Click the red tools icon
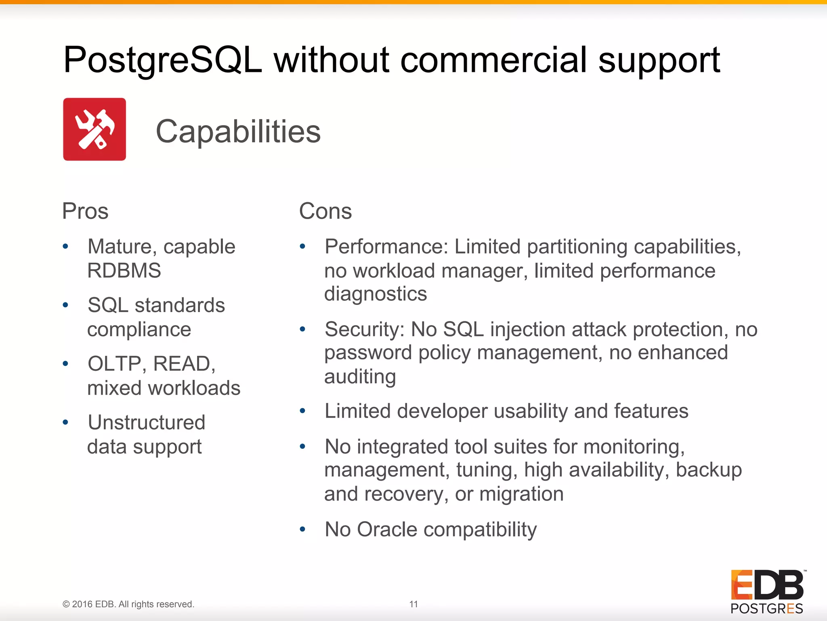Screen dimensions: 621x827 (x=94, y=129)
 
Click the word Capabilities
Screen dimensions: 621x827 (x=238, y=131)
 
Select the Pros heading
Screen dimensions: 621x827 (x=85, y=211)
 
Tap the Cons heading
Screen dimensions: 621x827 (x=325, y=211)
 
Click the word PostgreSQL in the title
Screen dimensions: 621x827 (x=163, y=61)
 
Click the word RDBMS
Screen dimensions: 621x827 (x=124, y=270)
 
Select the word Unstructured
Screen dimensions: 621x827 (x=147, y=422)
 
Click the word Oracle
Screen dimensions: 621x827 (x=387, y=529)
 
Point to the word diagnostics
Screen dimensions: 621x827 (x=376, y=294)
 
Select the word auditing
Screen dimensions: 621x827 (x=360, y=377)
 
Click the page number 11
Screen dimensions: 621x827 (x=413, y=604)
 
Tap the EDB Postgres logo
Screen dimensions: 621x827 (x=767, y=592)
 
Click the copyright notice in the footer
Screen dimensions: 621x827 (x=128, y=604)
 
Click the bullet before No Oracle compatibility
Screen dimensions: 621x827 (x=302, y=529)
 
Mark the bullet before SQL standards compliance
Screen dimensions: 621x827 (x=65, y=305)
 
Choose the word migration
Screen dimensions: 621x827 (x=521, y=494)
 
